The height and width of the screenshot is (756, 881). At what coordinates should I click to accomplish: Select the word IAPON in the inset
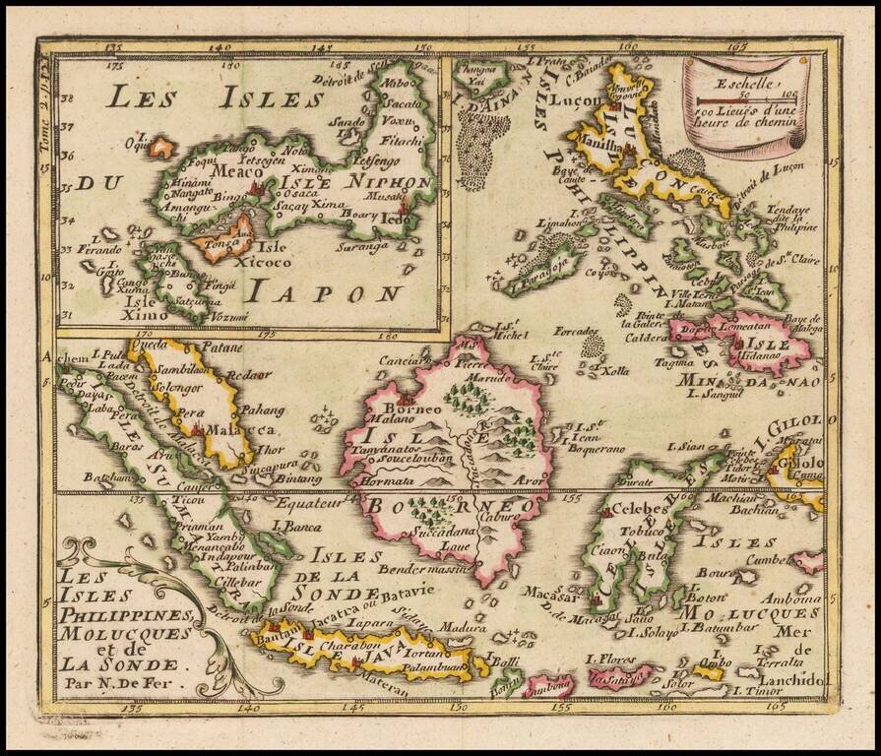point(324,291)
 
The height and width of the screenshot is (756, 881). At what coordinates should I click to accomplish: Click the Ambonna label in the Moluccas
point(792,598)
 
